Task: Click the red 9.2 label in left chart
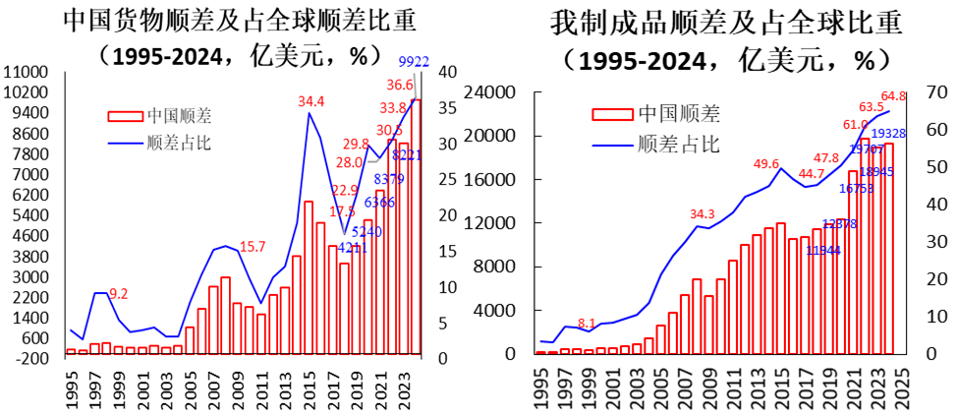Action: [x=117, y=293]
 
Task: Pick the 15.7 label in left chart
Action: [x=253, y=247]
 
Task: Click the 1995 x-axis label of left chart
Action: [x=71, y=386]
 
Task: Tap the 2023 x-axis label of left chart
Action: [x=405, y=386]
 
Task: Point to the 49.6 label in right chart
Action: [x=766, y=163]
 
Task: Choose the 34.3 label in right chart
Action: [x=702, y=213]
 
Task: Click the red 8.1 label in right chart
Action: [x=587, y=323]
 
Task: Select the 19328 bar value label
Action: [x=889, y=134]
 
